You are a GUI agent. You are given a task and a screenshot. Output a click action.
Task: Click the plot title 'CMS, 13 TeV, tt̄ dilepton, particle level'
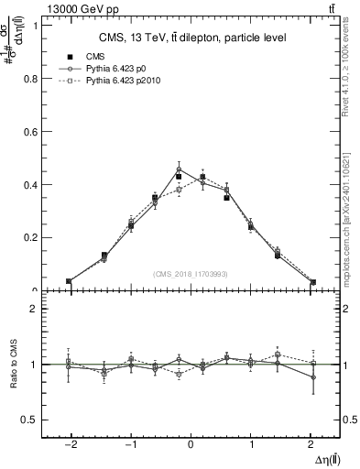(x=192, y=38)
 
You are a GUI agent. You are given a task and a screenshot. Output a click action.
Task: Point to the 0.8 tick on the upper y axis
(x=28, y=78)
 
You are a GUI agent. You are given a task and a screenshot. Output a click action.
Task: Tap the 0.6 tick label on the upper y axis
(x=28, y=131)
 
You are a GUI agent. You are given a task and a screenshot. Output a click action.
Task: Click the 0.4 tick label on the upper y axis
(x=28, y=184)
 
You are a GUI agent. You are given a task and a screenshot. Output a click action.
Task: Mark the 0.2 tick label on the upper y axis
(x=28, y=237)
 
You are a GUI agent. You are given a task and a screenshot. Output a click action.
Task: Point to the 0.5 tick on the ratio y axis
(x=28, y=420)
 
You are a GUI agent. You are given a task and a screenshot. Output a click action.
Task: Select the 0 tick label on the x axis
(x=191, y=445)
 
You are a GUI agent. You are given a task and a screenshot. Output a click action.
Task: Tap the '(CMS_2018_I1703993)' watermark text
(x=191, y=274)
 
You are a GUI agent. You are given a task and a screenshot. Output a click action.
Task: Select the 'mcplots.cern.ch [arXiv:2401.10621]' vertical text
(x=352, y=215)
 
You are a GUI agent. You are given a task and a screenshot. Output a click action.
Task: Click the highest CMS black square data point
(x=179, y=176)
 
